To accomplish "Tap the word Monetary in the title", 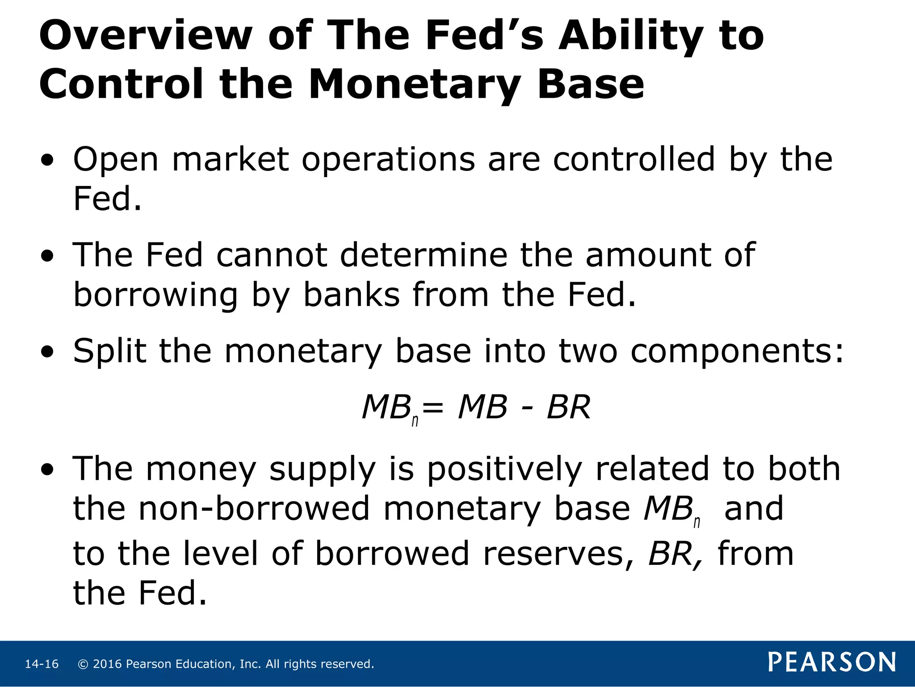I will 414,85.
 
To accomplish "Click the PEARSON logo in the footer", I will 832,662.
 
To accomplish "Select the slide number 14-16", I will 42,664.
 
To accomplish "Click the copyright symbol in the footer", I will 83,664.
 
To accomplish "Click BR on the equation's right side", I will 568,407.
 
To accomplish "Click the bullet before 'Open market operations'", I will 47,160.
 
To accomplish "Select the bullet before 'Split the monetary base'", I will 47,352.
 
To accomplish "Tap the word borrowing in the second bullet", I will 155,295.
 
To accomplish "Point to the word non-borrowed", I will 254,509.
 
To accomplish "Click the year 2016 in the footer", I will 107,664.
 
